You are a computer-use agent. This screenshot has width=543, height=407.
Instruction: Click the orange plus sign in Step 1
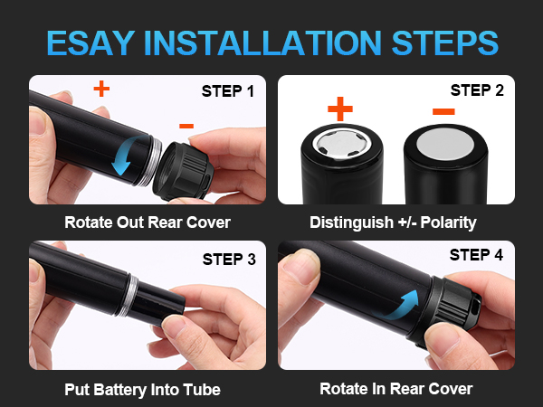tap(101, 90)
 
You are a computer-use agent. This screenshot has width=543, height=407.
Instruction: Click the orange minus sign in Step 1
tap(186, 126)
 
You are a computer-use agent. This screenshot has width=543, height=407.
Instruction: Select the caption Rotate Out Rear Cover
tap(148, 222)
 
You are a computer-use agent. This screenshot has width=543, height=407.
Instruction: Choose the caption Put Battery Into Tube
tap(143, 390)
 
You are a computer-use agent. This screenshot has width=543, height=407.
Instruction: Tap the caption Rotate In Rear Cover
tap(395, 390)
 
